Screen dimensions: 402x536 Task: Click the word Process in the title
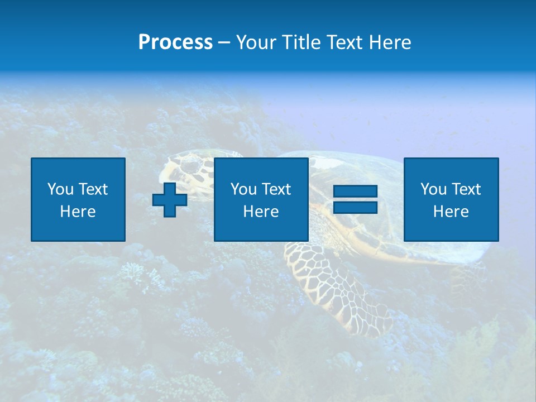tap(175, 42)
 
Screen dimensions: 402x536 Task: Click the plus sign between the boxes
tap(170, 199)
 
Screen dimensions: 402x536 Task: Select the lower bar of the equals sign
tap(356, 207)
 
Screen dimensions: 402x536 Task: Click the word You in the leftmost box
tap(60, 189)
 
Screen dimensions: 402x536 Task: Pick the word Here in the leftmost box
tap(78, 212)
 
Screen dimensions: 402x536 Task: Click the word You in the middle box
tap(243, 189)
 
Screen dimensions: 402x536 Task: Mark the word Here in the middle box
tap(261, 212)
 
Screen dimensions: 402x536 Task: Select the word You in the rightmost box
tap(433, 189)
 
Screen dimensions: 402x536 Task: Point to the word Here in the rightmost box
tap(451, 212)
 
